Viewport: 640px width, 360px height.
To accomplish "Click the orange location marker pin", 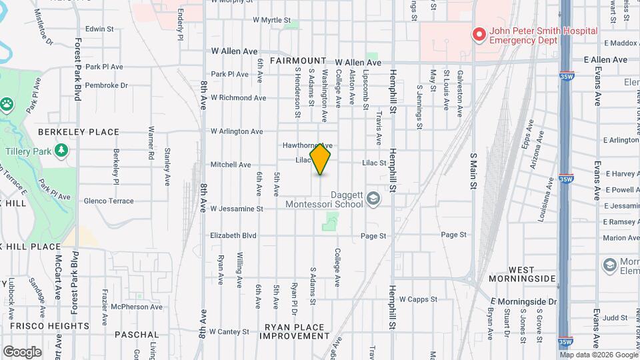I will point(321,159).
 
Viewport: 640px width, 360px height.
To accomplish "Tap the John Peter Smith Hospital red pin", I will point(478,34).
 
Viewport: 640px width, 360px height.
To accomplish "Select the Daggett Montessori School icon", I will point(373,198).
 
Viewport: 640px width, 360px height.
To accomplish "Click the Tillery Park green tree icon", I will point(62,149).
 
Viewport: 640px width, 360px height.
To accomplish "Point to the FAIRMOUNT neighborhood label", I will point(298,61).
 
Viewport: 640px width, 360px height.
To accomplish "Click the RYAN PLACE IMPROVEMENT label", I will point(294,331).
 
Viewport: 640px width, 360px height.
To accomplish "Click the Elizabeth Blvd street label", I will point(233,235).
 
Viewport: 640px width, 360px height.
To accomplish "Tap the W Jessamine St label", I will point(237,209).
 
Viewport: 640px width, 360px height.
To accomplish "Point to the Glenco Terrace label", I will point(109,201).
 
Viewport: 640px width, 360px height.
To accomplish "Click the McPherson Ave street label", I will point(137,307).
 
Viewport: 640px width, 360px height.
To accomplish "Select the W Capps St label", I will point(418,299).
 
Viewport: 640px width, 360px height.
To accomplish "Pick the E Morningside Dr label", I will point(523,301).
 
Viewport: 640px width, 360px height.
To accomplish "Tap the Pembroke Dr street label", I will point(106,85).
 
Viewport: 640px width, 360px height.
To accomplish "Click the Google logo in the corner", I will point(22,351).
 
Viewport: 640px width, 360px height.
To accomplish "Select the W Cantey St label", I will point(229,331).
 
